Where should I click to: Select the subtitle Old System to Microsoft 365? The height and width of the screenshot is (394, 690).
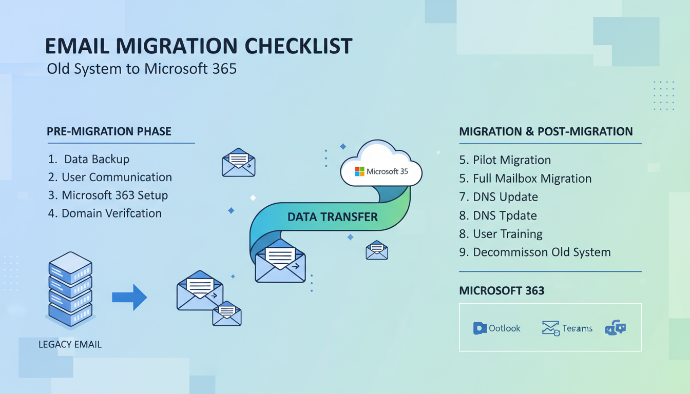142,69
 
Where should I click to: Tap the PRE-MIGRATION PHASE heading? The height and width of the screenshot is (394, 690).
109,131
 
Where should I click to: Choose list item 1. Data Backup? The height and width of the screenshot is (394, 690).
89,159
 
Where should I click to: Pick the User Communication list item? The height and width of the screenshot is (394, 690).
110,178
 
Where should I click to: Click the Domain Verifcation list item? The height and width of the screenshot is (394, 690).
105,213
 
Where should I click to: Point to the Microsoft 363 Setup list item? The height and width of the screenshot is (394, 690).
108,195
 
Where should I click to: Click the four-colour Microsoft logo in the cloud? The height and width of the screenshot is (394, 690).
359,171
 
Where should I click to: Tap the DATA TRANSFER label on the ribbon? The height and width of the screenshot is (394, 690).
332,217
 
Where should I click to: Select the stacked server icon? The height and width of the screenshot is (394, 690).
70,289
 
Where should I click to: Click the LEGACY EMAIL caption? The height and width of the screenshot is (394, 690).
70,344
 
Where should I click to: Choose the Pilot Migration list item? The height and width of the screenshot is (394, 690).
505,160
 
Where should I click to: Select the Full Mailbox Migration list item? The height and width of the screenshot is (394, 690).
525,179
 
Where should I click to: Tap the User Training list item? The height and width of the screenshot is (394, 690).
501,234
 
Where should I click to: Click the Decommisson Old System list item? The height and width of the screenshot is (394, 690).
534,252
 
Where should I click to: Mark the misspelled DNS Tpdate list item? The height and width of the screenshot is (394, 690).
498,215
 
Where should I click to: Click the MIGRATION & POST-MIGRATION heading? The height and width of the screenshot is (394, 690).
546,131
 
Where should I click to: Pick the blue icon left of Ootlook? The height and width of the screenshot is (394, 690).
480,328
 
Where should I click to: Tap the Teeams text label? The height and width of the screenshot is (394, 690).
577,328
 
